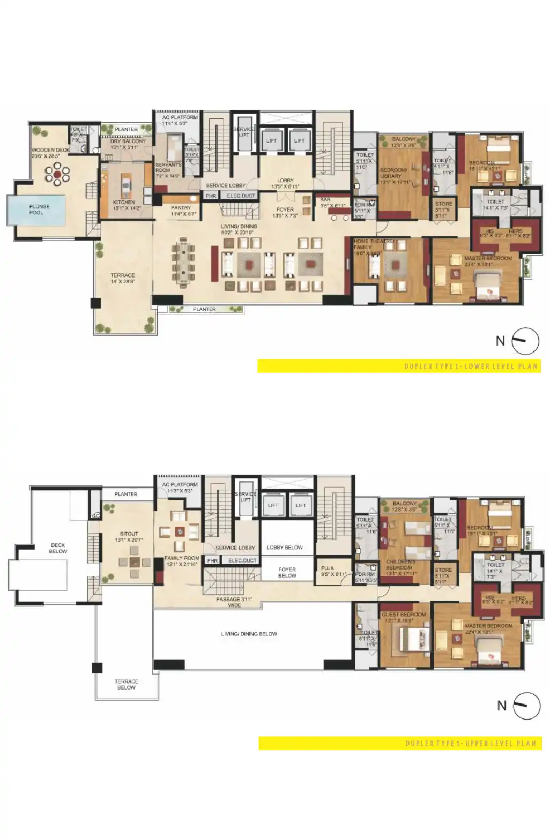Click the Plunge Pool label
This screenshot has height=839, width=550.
pos(39,209)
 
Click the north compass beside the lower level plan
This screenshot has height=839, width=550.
pos(525,341)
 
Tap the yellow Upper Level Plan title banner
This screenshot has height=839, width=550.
pos(400,743)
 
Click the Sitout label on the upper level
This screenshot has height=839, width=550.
pos(129,536)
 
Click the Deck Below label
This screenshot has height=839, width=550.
pos(58,548)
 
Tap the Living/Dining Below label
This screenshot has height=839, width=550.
pos(249,634)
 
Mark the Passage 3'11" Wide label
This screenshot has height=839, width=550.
pos(234,602)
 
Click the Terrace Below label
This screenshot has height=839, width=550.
pos(126,684)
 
